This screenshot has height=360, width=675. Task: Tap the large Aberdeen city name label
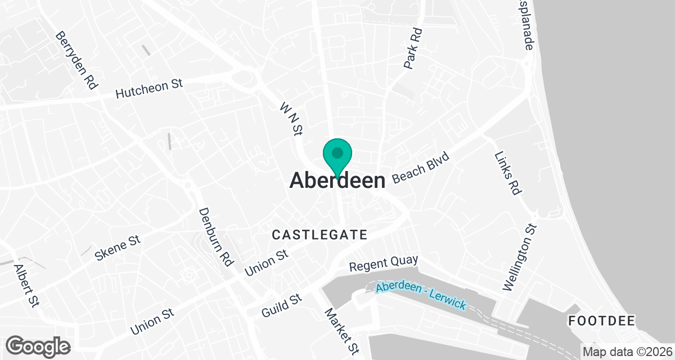coord(337,181)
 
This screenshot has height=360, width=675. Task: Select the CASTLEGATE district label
coord(319,234)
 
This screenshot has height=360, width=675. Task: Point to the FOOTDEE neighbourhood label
coord(601,321)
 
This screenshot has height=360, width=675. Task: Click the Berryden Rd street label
coord(76,61)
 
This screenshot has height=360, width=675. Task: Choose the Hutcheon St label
coord(149,89)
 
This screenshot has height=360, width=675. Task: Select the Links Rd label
coord(507,173)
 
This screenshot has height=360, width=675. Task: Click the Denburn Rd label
coord(216,236)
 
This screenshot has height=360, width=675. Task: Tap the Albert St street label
coord(26,286)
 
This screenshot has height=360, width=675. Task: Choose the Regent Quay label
coord(384,262)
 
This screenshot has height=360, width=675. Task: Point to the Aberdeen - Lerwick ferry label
coord(421,295)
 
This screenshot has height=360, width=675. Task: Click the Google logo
coord(38,345)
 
